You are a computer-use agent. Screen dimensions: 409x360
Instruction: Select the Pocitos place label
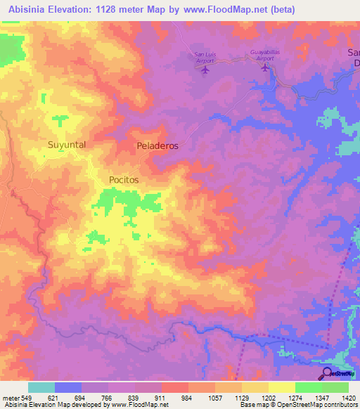point(124,180)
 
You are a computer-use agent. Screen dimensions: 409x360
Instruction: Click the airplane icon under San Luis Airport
point(205,70)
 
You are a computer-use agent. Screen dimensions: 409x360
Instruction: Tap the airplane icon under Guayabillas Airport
point(264,67)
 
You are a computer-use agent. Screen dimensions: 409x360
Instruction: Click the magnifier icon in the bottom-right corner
point(328,374)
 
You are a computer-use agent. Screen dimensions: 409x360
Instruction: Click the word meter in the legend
point(11,398)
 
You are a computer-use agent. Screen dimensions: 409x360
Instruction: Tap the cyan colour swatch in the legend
point(41,387)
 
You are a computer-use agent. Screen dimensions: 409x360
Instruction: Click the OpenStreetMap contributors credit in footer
point(309,405)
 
